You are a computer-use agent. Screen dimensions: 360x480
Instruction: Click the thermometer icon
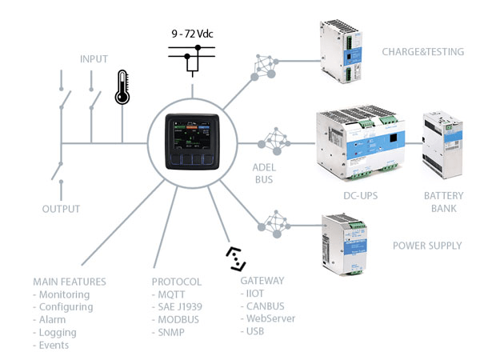click(x=122, y=87)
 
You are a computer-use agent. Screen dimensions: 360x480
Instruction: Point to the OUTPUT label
click(x=61, y=209)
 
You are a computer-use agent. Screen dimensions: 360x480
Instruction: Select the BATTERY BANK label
click(x=443, y=202)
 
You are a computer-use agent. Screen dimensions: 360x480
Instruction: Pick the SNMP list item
click(x=174, y=333)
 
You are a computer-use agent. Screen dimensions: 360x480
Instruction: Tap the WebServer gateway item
click(x=271, y=318)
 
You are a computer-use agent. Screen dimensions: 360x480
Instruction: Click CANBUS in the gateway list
click(x=265, y=306)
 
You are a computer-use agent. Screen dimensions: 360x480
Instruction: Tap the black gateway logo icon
click(x=236, y=258)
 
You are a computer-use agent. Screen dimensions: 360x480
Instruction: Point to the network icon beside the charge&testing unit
click(x=264, y=66)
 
